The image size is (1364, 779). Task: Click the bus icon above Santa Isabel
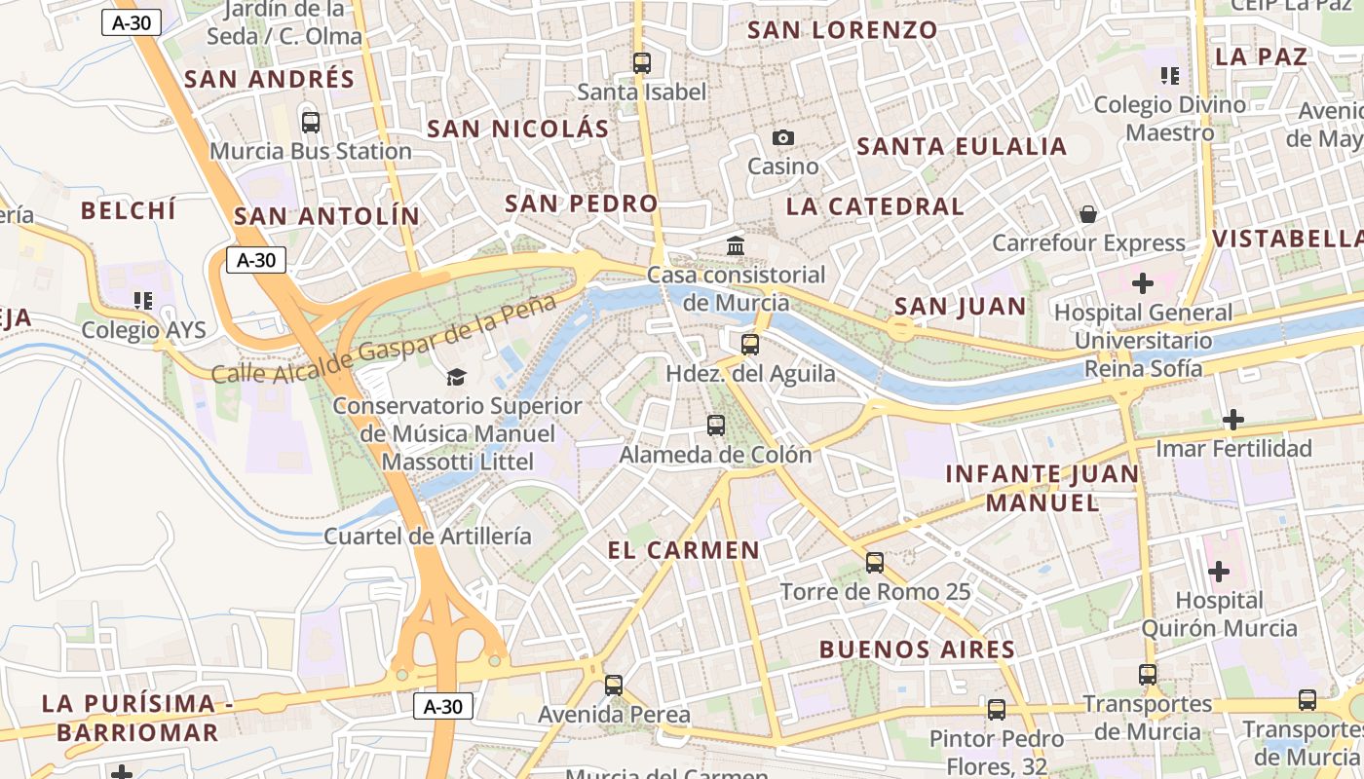(641, 63)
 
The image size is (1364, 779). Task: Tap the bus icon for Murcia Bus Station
(311, 123)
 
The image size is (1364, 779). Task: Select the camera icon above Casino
(783, 138)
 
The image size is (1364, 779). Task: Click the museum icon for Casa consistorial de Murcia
(736, 246)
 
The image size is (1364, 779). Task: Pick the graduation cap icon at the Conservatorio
(456, 377)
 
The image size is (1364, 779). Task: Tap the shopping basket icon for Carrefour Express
(1088, 214)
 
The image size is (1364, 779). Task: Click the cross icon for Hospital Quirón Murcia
(1218, 572)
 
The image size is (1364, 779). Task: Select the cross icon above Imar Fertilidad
(1233, 420)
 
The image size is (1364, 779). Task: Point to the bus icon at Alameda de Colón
(716, 426)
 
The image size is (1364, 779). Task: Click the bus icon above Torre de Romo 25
(875, 563)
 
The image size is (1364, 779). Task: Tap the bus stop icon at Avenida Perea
(614, 686)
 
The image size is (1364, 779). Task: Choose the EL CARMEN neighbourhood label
(683, 550)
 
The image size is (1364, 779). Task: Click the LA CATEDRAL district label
(875, 206)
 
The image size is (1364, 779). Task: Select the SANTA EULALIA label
(962, 147)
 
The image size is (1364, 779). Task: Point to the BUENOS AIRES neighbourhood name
(917, 649)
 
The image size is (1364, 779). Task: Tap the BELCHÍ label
(129, 210)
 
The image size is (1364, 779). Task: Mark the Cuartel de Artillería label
(428, 536)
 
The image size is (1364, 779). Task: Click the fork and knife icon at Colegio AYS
(143, 301)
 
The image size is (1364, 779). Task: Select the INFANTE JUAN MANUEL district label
(1042, 489)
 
